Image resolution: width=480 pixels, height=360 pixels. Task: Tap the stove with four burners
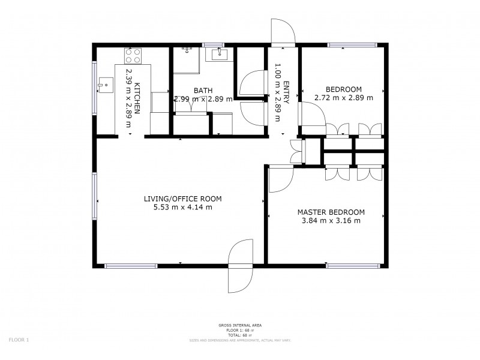click(134, 56)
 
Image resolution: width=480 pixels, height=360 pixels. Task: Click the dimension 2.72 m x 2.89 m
click(343, 97)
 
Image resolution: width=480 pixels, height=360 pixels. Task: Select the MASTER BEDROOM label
click(331, 212)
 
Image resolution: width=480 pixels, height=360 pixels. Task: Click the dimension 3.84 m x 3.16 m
click(331, 220)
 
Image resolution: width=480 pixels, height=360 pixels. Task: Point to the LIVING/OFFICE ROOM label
click(182, 199)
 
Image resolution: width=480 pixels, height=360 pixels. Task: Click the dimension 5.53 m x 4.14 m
click(182, 208)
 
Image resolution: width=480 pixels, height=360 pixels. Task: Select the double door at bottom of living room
click(242, 265)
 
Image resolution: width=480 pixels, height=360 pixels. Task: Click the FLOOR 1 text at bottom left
click(19, 340)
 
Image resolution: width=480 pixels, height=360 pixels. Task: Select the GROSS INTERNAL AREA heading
click(239, 325)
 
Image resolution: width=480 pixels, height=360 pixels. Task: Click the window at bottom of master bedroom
click(352, 265)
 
